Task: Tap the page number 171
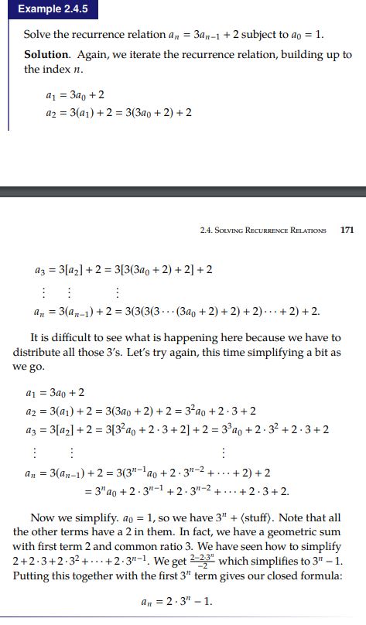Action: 347,230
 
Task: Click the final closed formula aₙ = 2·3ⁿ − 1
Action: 183,603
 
